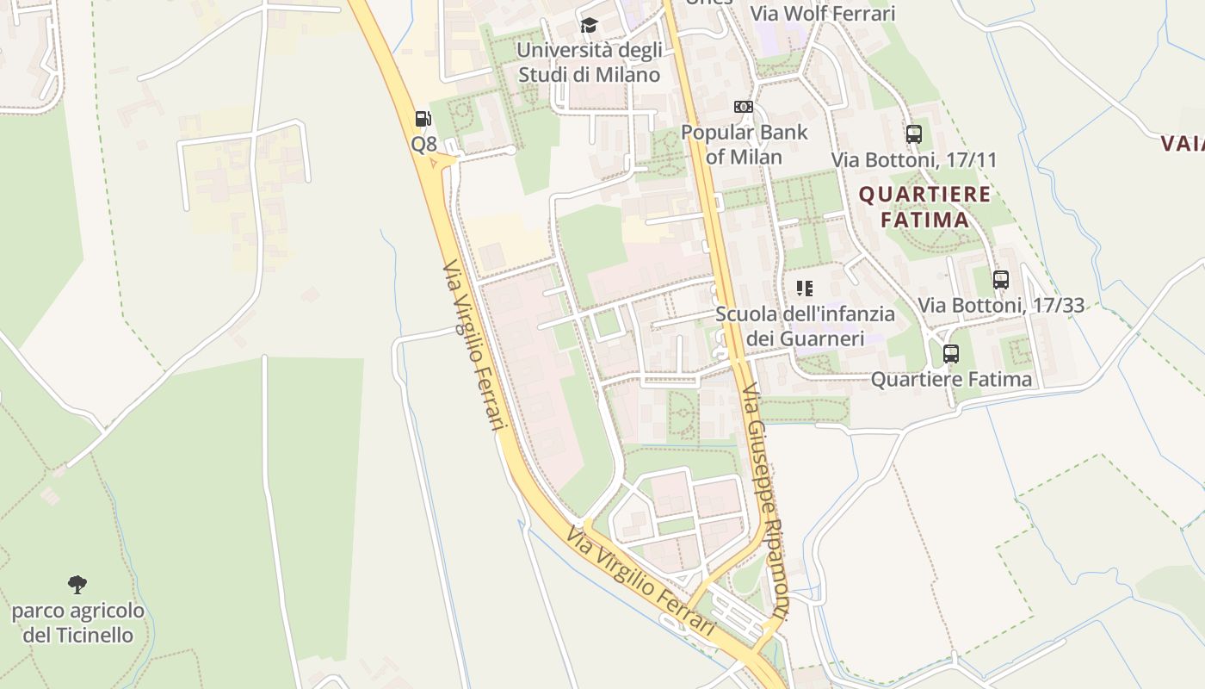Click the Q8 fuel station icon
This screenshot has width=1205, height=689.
423,119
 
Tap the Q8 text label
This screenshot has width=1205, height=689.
423,144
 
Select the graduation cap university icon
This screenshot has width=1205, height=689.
589,26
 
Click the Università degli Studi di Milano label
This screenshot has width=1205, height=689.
589,62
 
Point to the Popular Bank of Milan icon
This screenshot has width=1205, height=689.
744,107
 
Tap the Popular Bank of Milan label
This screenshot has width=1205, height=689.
744,145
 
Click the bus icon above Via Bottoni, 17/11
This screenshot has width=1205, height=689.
914,134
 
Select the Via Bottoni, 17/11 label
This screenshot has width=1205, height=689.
914,160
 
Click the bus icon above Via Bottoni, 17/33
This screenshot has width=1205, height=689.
1000,279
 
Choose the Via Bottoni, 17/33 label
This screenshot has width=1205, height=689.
1000,305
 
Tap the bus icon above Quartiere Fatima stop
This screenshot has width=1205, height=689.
951,353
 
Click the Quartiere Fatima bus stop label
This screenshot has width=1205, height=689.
951,379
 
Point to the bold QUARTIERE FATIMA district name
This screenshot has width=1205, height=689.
925,207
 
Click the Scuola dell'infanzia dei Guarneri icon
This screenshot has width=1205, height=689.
805,288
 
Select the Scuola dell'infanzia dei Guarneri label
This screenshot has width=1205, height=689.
805,326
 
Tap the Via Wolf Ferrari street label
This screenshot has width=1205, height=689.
823,14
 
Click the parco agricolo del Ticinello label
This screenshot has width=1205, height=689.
77,624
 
